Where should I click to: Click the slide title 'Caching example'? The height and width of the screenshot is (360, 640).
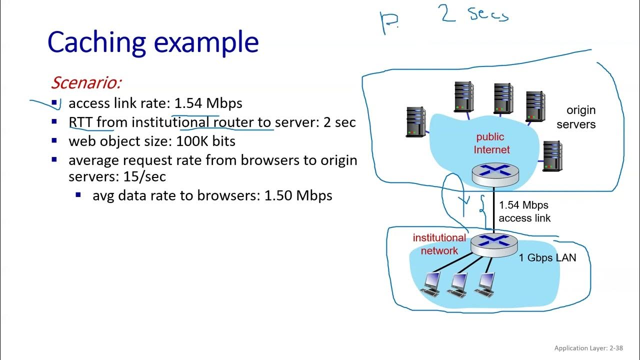point(153,42)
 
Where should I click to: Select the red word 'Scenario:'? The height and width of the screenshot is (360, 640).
point(86,82)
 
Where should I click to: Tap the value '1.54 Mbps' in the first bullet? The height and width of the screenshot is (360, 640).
point(208,103)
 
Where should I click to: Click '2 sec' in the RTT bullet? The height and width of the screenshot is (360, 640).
point(339,122)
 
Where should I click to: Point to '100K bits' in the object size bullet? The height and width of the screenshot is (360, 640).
point(205,141)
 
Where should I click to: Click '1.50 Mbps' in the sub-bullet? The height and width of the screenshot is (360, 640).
point(298,195)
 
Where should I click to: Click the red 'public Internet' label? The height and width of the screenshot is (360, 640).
point(491,143)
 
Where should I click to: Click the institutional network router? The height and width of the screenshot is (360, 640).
point(494,243)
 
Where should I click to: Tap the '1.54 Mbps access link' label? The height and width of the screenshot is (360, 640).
point(524,211)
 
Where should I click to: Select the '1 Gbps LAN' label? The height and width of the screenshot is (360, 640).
point(547,258)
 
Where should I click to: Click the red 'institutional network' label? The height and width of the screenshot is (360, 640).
point(439,244)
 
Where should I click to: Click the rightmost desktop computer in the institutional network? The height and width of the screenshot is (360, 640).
point(485,283)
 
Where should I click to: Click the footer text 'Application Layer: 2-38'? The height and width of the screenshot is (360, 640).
point(588,348)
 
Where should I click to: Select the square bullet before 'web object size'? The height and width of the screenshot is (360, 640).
point(54,141)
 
